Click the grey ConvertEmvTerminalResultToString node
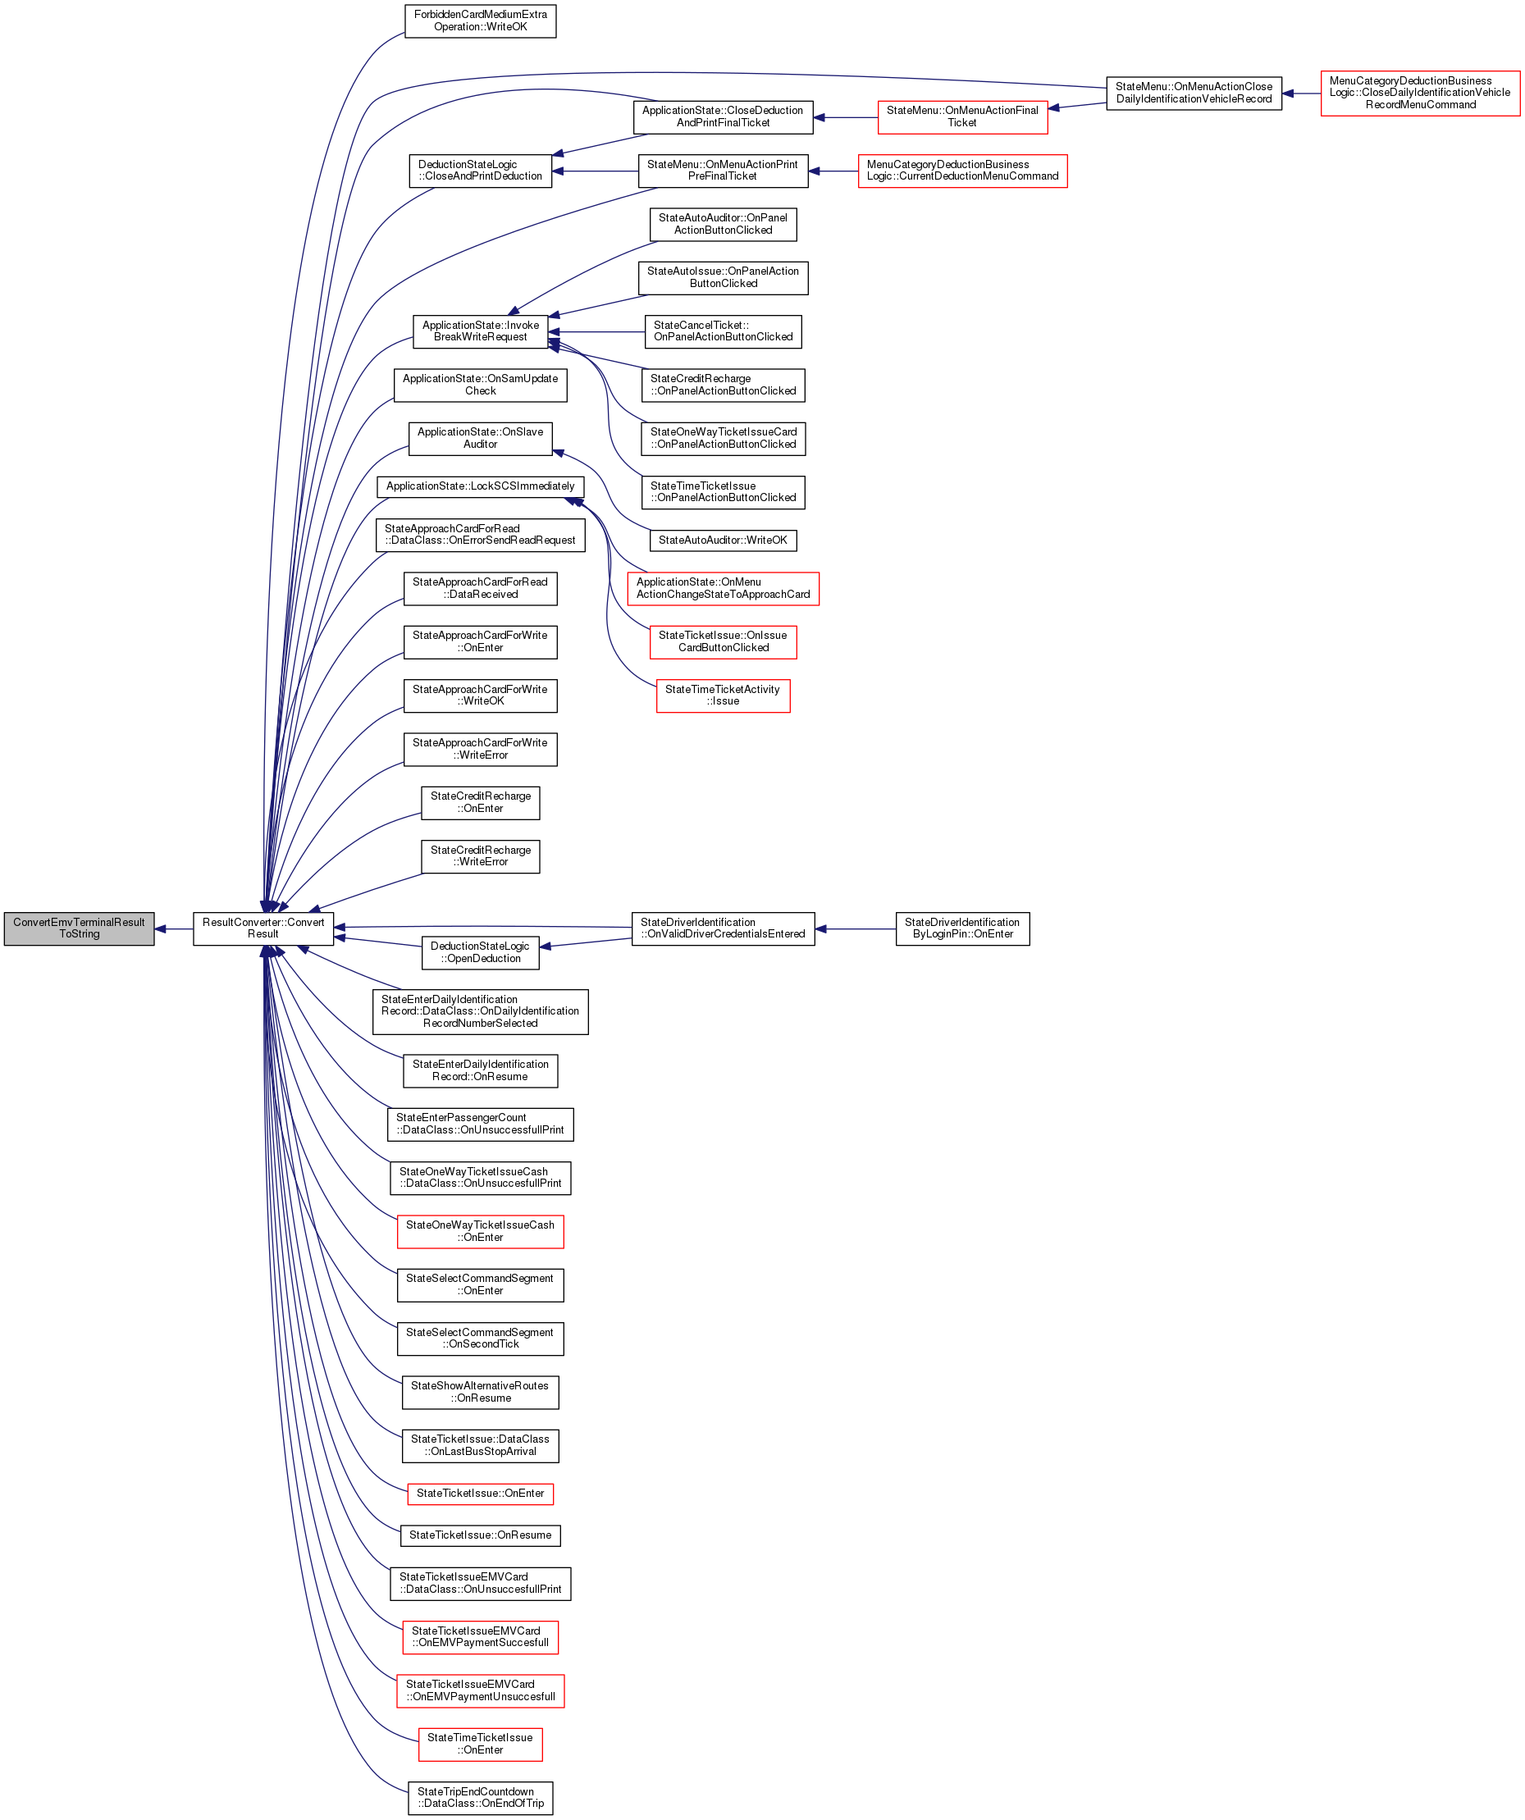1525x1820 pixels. click(79, 928)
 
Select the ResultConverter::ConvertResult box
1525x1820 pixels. click(263, 928)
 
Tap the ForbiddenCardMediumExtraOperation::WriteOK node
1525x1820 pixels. click(480, 21)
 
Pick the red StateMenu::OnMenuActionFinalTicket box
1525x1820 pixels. click(962, 117)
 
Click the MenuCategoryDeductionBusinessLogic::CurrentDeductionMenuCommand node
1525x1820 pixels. click(962, 171)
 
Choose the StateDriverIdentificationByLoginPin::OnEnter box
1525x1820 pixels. click(962, 928)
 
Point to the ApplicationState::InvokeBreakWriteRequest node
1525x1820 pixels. click(480, 331)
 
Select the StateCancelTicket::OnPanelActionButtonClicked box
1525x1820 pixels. click(723, 331)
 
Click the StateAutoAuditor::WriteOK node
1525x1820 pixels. click(723, 540)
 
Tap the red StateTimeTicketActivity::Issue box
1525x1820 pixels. click(723, 696)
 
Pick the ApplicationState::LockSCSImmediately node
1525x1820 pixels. click(480, 486)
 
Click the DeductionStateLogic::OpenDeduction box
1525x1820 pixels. click(480, 952)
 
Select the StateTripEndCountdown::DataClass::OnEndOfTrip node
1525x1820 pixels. click(480, 1799)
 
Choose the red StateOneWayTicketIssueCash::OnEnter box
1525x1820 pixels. click(480, 1232)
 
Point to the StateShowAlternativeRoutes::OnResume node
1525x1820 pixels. click(480, 1392)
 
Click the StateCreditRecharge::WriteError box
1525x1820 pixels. click(480, 856)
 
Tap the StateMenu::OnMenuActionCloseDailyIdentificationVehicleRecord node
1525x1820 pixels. click(1194, 93)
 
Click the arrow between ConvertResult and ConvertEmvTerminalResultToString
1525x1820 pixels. click(173, 929)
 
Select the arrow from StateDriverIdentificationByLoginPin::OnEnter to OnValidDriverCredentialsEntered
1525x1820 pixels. click(855, 929)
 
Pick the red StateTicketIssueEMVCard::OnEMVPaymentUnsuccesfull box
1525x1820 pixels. click(480, 1691)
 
